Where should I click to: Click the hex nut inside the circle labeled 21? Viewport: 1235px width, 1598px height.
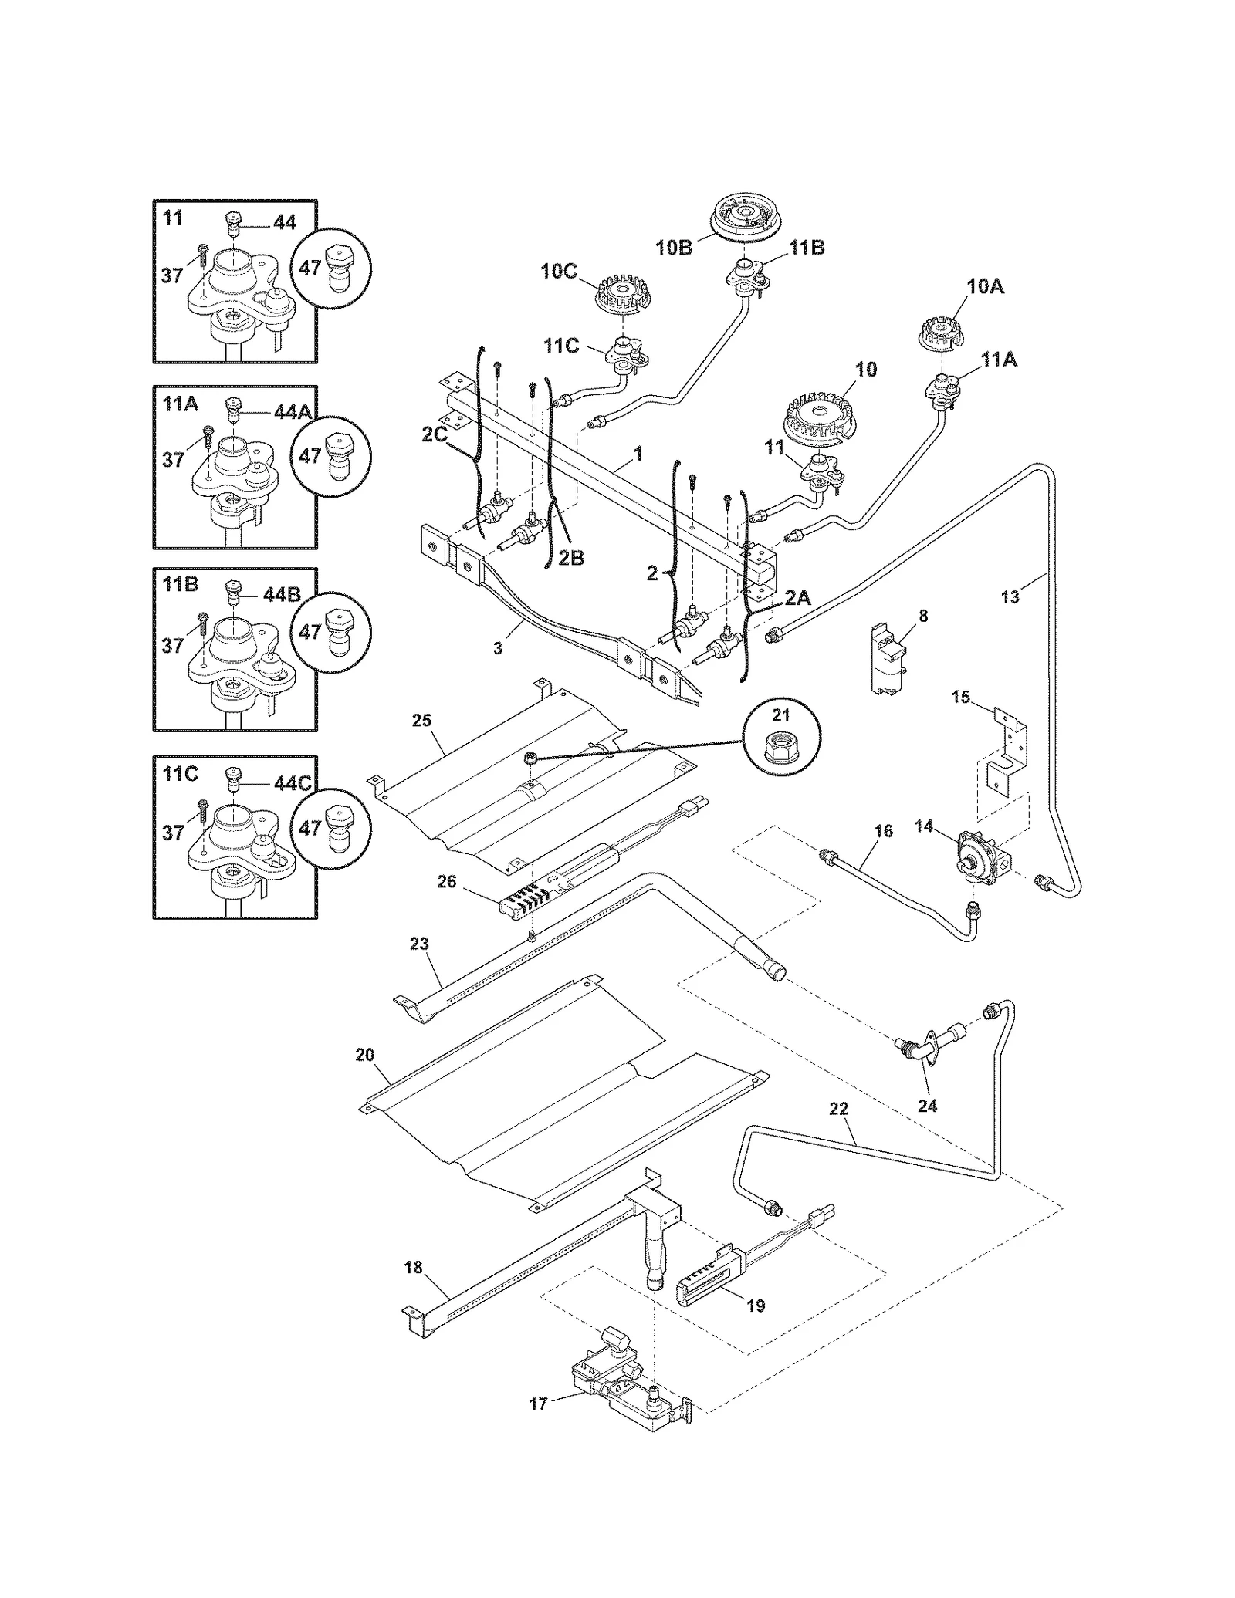(782, 743)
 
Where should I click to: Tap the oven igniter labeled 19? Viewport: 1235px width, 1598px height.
(710, 1282)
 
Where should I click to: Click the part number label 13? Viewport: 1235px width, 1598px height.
(1010, 596)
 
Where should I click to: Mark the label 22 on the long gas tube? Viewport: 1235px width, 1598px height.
(838, 1109)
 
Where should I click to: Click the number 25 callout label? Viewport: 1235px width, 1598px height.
(421, 721)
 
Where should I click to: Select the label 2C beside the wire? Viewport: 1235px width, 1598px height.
(435, 435)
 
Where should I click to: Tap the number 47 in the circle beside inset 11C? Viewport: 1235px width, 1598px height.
(310, 828)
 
